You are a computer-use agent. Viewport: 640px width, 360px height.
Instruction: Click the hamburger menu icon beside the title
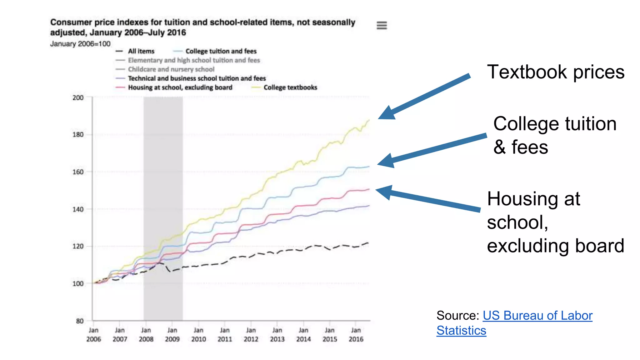(x=382, y=25)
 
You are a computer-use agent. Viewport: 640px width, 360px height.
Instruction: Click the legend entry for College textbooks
(x=290, y=87)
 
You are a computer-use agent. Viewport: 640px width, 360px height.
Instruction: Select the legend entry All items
(x=141, y=51)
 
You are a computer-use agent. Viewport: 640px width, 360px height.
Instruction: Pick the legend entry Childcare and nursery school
(x=171, y=69)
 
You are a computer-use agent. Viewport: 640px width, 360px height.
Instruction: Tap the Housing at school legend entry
(x=180, y=87)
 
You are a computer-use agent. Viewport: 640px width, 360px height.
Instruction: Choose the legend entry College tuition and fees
(x=221, y=51)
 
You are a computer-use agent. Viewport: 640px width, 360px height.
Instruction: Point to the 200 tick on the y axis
(x=78, y=98)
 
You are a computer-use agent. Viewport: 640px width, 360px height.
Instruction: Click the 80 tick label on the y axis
(x=80, y=321)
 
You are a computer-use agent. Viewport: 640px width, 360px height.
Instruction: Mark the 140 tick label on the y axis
(x=78, y=209)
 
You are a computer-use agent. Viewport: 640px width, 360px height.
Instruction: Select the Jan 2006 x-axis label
(x=93, y=335)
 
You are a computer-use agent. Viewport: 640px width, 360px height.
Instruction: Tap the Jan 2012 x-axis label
(x=251, y=335)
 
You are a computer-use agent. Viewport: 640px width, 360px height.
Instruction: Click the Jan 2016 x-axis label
(x=356, y=335)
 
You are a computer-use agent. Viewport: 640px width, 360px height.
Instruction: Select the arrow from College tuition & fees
(x=431, y=150)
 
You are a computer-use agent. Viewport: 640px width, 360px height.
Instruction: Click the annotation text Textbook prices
(x=555, y=72)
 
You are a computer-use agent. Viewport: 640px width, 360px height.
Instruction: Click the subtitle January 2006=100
(x=80, y=44)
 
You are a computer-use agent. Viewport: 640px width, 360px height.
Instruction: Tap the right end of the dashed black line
(x=368, y=243)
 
